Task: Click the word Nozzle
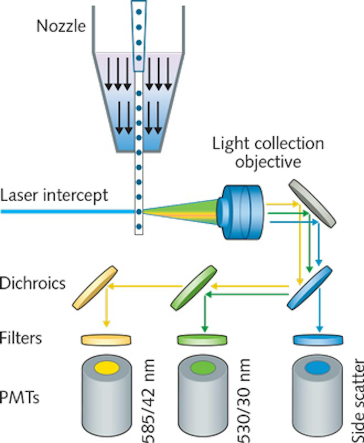(61, 26)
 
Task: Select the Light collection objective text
(268, 153)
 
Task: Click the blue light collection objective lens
(241, 212)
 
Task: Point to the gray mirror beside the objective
(312, 203)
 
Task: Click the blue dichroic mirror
(309, 287)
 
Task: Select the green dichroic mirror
(194, 287)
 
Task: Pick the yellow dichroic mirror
(95, 287)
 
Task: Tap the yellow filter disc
(106, 339)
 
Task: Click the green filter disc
(202, 339)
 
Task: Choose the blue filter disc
(318, 339)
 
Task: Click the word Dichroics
(33, 283)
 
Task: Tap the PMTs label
(20, 397)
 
